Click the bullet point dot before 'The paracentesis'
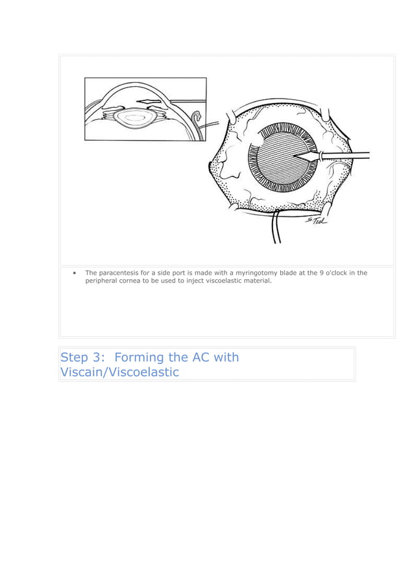(x=76, y=273)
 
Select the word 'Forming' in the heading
(x=141, y=358)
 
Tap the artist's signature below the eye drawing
(x=316, y=222)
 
